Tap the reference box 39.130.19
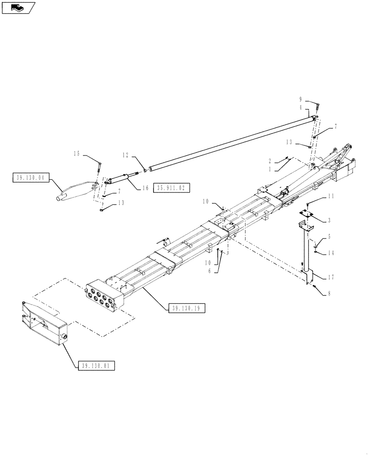pos(187,309)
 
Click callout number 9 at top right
pos(301,99)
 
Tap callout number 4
pos(301,108)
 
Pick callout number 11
pos(331,196)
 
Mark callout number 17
pos(331,276)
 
